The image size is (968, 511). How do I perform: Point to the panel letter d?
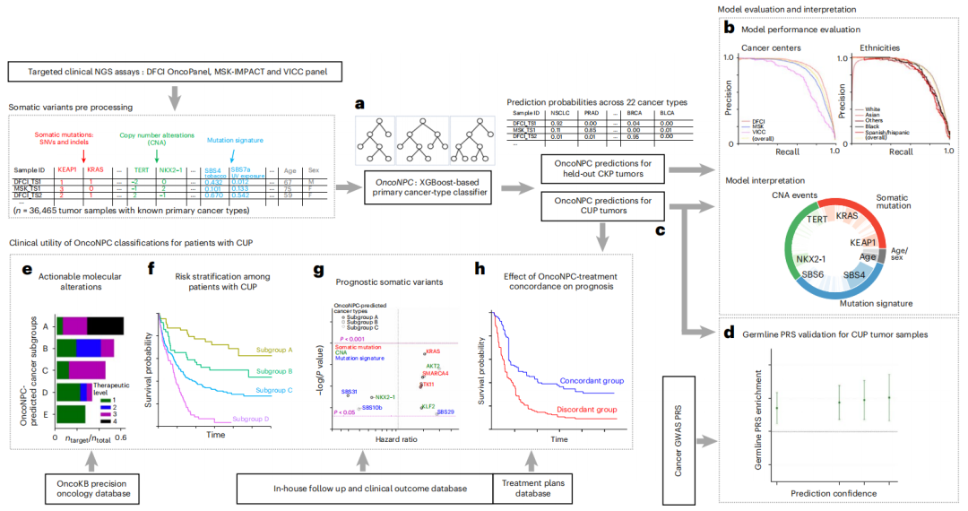click(729, 334)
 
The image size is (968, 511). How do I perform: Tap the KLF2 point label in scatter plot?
click(430, 407)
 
